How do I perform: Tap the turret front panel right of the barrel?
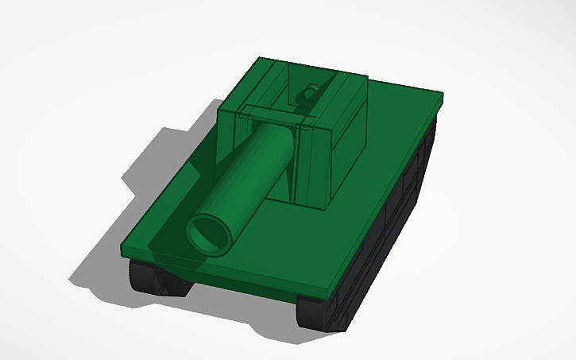click(x=311, y=163)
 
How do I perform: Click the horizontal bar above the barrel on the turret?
click(x=270, y=114)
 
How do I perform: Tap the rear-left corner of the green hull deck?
click(x=261, y=60)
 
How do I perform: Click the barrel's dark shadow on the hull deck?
click(x=171, y=238)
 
